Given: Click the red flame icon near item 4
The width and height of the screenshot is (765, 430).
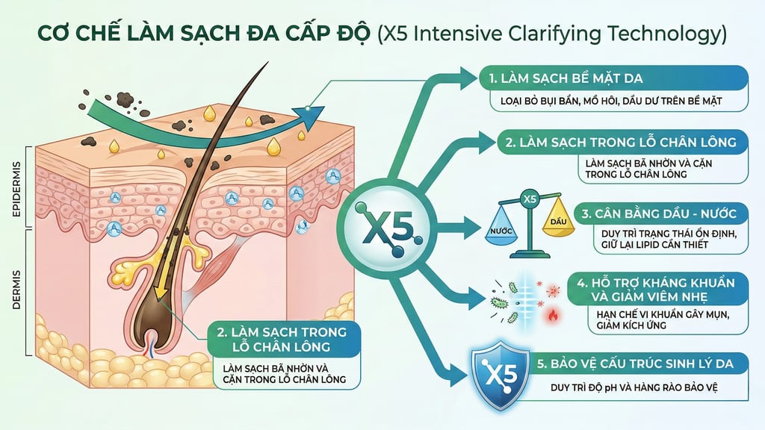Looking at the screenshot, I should (552, 314).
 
